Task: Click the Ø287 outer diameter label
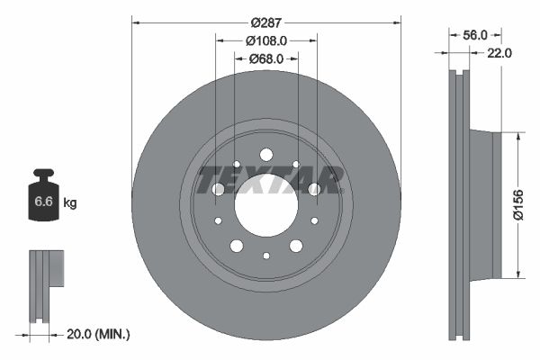click(x=265, y=22)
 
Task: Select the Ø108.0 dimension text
click(x=265, y=40)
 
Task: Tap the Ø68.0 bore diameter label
click(x=265, y=58)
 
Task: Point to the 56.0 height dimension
click(x=474, y=34)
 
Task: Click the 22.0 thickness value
click(x=499, y=53)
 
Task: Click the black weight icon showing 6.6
click(x=42, y=199)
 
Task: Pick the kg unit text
click(x=70, y=203)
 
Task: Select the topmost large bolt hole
click(x=265, y=155)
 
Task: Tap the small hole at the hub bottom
click(x=265, y=255)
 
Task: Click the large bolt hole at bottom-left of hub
click(x=236, y=246)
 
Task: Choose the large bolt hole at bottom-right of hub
click(x=295, y=246)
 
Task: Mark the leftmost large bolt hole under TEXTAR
click(x=217, y=189)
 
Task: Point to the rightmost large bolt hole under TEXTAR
click(x=314, y=189)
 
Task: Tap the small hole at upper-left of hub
click(x=236, y=165)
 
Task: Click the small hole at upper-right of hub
click(x=295, y=165)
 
